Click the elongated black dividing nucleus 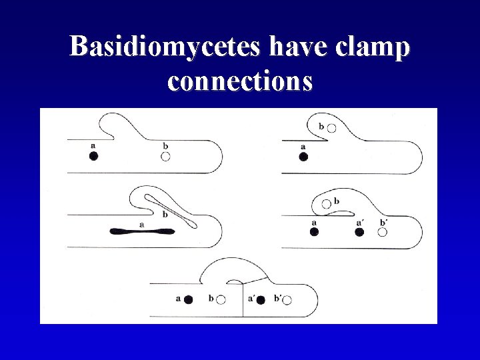tap(142, 231)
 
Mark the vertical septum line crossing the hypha tap(242, 299)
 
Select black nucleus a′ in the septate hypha tap(261, 300)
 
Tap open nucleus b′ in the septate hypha tap(287, 300)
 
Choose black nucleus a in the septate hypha tap(189, 300)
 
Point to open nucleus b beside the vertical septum tap(221, 300)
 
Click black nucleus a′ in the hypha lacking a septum tap(359, 232)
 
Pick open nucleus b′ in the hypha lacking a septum tap(383, 232)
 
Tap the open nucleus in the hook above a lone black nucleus tap(331, 127)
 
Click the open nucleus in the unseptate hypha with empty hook tap(165, 156)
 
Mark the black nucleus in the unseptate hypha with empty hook tap(93, 156)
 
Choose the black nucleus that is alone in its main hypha tap(303, 157)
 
